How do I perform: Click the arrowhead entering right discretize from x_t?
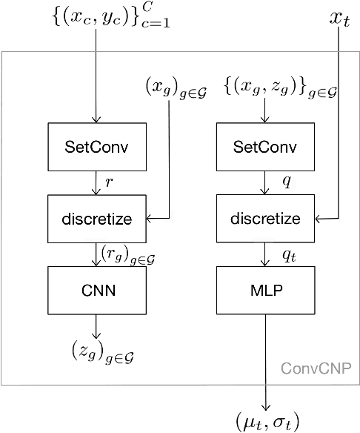pyautogui.click(x=320, y=219)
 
